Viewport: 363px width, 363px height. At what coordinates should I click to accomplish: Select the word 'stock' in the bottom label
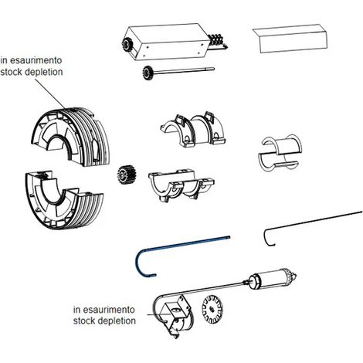point(84,321)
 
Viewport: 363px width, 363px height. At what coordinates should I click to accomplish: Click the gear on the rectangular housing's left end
point(127,45)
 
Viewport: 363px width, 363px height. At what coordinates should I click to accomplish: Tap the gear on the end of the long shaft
point(147,73)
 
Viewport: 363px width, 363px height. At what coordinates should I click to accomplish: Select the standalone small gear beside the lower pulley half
point(127,175)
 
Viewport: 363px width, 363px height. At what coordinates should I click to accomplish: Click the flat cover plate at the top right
point(290,39)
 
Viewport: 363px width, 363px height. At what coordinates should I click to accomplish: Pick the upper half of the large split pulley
point(72,137)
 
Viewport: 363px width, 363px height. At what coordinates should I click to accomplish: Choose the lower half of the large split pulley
point(64,199)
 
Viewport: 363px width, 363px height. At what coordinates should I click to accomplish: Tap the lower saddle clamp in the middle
point(181,185)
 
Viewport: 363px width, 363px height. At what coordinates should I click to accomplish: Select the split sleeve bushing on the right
point(280,153)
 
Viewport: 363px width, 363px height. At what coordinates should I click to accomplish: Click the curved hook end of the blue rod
point(137,264)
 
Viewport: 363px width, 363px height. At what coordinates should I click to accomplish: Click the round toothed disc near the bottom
point(212,309)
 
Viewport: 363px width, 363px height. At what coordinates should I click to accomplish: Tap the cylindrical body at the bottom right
point(272,279)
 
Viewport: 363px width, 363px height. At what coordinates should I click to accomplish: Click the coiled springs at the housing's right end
point(218,41)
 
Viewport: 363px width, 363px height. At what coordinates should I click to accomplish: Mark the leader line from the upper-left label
point(50,93)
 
